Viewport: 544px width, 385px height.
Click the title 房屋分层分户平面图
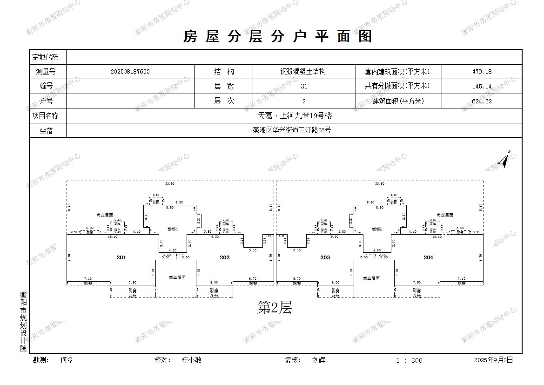[278, 36]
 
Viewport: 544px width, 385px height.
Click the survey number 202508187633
[130, 72]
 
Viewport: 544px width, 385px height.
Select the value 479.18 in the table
[482, 72]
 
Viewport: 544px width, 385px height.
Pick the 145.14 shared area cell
[482, 86]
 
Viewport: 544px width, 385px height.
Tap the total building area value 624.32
[482, 101]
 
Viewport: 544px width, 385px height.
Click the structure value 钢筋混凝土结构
[302, 72]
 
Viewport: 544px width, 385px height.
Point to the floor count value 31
[304, 86]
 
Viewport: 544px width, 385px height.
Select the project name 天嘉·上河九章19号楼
[294, 116]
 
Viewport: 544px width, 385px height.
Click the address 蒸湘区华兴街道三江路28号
[294, 130]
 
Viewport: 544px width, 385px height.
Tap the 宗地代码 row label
[46, 57]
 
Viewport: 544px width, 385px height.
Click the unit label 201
[121, 257]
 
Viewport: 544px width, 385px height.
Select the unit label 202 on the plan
[225, 257]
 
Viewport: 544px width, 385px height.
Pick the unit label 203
[325, 257]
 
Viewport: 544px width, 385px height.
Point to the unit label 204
[428, 257]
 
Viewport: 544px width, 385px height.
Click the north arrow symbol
[504, 159]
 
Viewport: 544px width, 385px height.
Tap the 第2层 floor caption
[275, 307]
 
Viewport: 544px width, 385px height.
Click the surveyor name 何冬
[67, 360]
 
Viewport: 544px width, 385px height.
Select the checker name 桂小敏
[192, 360]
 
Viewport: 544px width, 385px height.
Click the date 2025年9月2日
[493, 360]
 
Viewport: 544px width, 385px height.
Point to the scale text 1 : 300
[409, 360]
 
